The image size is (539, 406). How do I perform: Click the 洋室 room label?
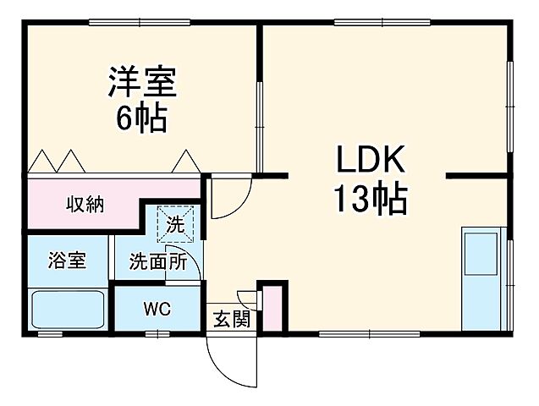click(141, 84)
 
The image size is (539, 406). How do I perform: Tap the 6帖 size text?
click(141, 117)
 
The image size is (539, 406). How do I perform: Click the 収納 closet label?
click(85, 204)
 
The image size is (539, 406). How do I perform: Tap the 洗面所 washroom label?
click(157, 261)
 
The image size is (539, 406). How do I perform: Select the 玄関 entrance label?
click(230, 319)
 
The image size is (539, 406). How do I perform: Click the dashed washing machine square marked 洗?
click(175, 225)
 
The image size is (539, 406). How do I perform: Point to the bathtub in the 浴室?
click(68, 310)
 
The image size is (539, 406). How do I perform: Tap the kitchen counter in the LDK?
click(482, 278)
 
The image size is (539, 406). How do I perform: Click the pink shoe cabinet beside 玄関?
click(272, 309)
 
